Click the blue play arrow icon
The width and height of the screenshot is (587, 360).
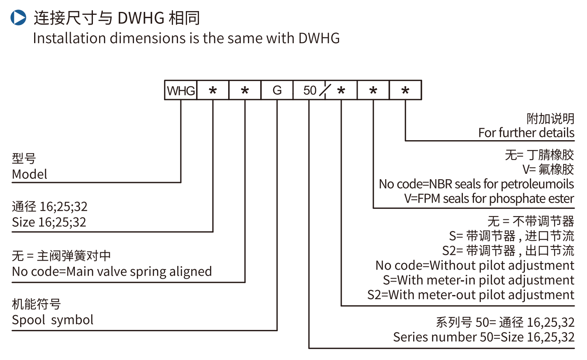pyautogui.click(x=18, y=18)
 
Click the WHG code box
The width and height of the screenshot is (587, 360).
pyautogui.click(x=181, y=90)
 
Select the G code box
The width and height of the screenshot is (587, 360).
pyautogui.click(x=277, y=90)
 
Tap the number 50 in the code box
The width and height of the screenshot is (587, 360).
pyautogui.click(x=310, y=90)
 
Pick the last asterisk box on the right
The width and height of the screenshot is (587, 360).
pyautogui.click(x=405, y=90)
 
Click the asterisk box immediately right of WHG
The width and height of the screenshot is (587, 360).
pyautogui.click(x=213, y=90)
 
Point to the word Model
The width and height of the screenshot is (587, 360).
pyautogui.click(x=30, y=174)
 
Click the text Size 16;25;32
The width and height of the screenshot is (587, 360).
pyautogui.click(x=49, y=222)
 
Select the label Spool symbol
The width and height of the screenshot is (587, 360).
pyautogui.click(x=53, y=320)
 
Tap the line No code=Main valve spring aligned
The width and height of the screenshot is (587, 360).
pyautogui.click(x=112, y=272)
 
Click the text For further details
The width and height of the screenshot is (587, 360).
pyautogui.click(x=526, y=133)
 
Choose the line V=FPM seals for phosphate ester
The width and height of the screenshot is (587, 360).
pyautogui.click(x=489, y=198)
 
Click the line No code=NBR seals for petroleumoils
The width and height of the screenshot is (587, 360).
pyautogui.click(x=476, y=184)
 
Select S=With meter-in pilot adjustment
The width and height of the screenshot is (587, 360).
pyautogui.click(x=478, y=280)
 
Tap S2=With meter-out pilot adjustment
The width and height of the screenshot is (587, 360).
pyautogui.click(x=470, y=295)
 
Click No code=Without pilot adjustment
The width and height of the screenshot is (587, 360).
pyautogui.click(x=474, y=265)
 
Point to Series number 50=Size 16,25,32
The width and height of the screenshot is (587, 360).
pyautogui.click(x=483, y=337)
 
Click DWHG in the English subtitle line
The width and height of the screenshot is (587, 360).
pyautogui.click(x=319, y=38)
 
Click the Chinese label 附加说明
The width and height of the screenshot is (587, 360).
pyautogui.click(x=550, y=119)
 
